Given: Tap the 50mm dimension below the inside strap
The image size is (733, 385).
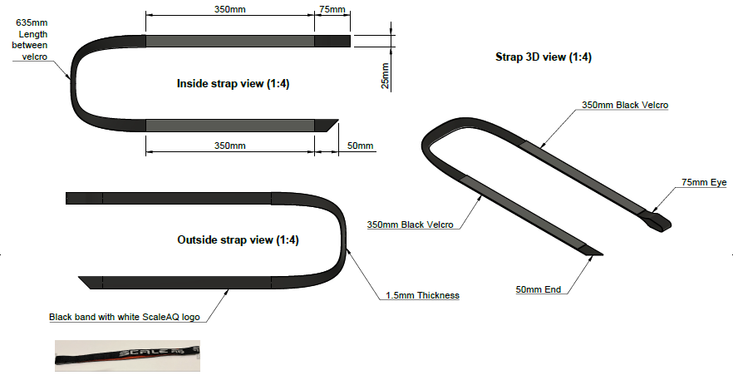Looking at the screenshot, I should click(x=359, y=146).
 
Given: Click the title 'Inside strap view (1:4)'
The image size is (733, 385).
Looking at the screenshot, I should click(x=233, y=84).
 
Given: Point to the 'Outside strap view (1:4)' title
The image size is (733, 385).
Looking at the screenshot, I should click(x=238, y=240).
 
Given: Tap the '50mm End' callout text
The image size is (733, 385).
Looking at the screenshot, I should click(x=539, y=289).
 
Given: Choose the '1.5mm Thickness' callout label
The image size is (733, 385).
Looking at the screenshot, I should click(x=422, y=295).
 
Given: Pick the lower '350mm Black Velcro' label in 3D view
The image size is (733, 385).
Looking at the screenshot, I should click(x=410, y=225).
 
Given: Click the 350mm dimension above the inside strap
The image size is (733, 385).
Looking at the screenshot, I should click(x=229, y=9).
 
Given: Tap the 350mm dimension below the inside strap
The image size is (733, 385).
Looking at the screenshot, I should click(x=229, y=146).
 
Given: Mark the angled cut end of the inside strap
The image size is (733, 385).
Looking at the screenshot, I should click(x=327, y=125).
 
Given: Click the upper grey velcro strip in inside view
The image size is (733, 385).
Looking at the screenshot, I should click(x=230, y=41).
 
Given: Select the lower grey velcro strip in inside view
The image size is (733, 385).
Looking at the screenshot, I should click(x=230, y=125).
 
